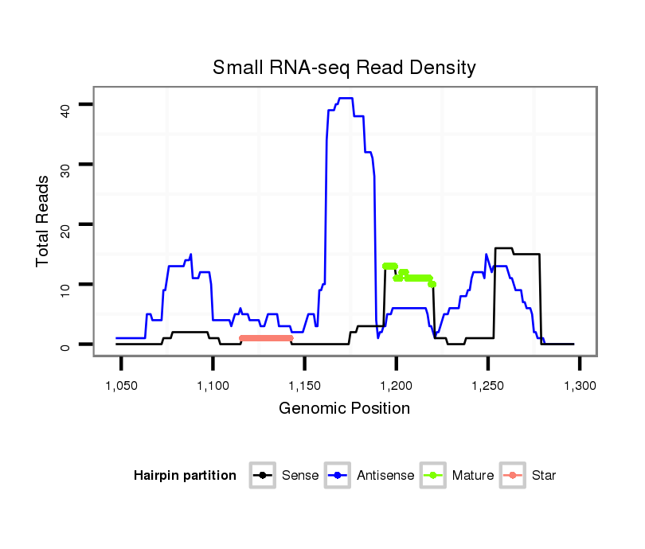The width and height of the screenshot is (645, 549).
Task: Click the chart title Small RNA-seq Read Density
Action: pyautogui.click(x=344, y=68)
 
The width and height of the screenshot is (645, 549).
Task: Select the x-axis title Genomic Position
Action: pyautogui.click(x=344, y=409)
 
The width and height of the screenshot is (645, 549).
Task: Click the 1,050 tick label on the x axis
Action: pyautogui.click(x=122, y=385)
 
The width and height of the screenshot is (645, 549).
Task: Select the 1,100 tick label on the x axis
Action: pyautogui.click(x=213, y=385)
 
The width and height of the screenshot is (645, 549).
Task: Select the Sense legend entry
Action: pyautogui.click(x=299, y=476)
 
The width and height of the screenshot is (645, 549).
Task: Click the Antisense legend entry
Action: pyautogui.click(x=385, y=476)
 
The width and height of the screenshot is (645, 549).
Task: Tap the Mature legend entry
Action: pyautogui.click(x=472, y=476)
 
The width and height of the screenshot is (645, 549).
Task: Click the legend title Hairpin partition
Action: pyautogui.click(x=185, y=476)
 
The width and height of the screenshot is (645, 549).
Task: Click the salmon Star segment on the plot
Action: pyautogui.click(x=266, y=338)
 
